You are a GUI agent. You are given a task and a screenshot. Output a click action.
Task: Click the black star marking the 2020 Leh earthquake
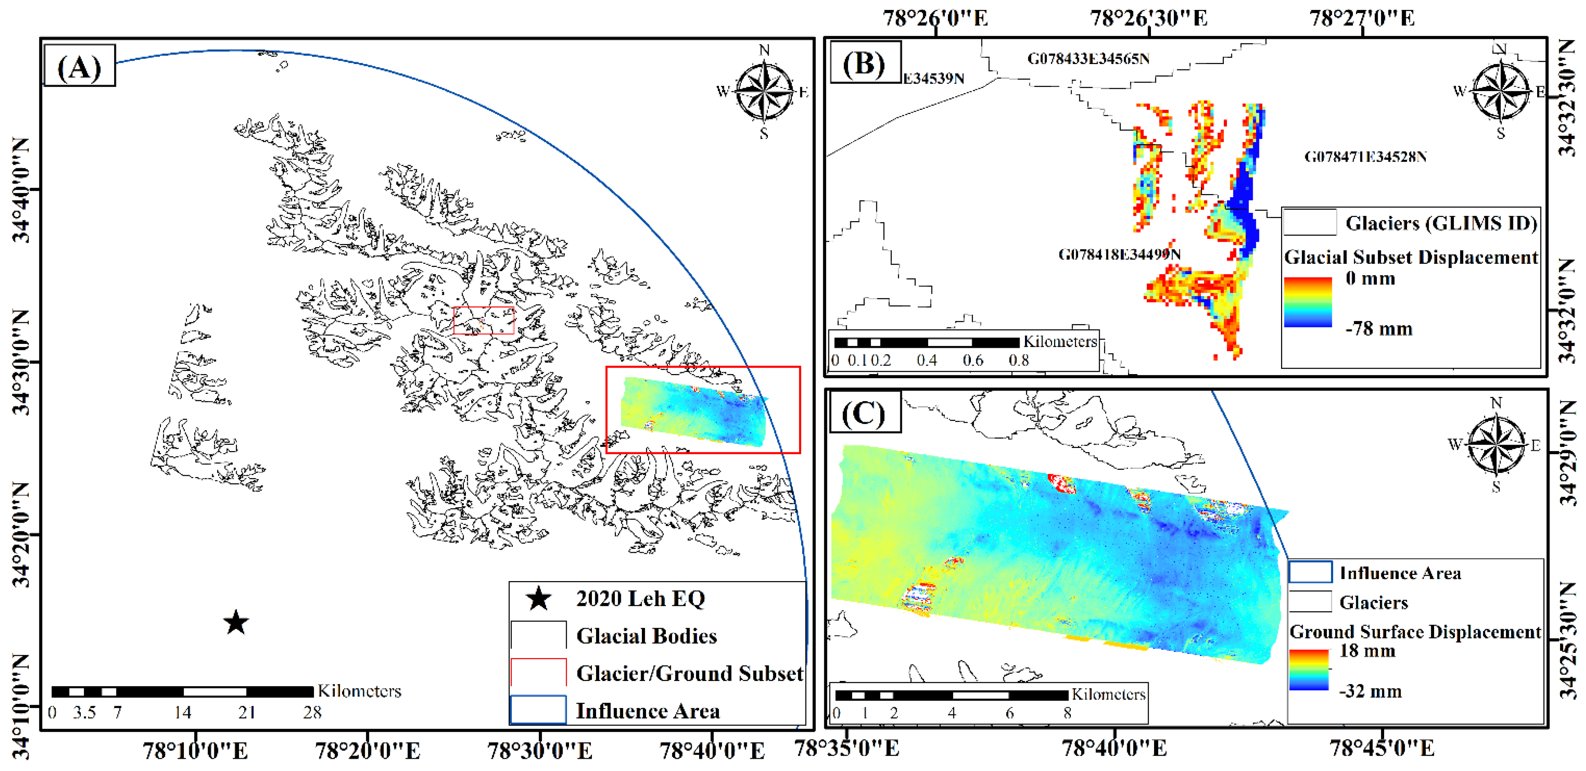click(x=236, y=623)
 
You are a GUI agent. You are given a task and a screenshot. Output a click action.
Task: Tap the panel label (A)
click(x=79, y=66)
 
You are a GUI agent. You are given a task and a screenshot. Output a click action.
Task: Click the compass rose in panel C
click(x=1496, y=444)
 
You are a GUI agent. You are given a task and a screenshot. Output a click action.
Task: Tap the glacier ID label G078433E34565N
click(x=1088, y=59)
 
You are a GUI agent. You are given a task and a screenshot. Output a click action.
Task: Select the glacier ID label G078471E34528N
click(x=1365, y=157)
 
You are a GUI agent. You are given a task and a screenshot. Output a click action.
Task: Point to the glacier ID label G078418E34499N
click(x=1119, y=254)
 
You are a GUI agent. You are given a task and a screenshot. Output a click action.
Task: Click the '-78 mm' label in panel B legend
click(x=1378, y=329)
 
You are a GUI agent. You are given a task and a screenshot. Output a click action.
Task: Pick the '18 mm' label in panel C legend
click(x=1367, y=651)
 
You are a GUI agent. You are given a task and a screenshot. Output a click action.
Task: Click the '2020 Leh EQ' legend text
click(x=640, y=599)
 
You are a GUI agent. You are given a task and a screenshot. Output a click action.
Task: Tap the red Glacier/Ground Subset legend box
click(x=538, y=673)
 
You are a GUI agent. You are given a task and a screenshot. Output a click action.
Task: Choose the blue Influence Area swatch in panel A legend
click(x=538, y=710)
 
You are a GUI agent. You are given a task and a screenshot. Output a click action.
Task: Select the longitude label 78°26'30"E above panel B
click(x=1149, y=18)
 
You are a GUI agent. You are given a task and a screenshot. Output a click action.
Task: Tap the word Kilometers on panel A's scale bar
click(x=359, y=691)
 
